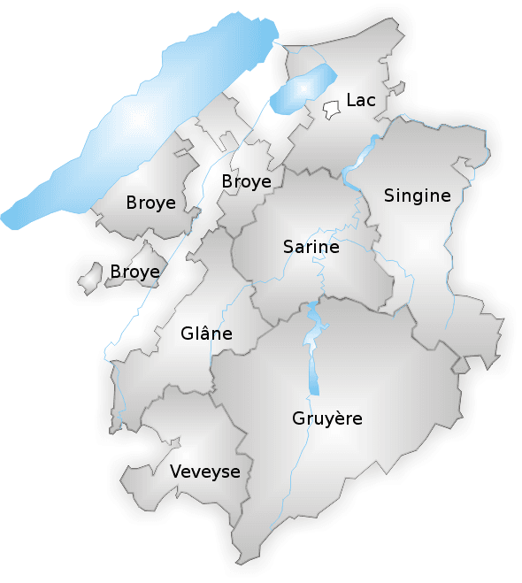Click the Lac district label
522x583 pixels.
tap(361, 101)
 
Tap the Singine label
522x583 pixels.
tap(417, 196)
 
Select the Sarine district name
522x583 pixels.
tap(311, 247)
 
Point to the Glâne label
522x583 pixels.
tap(206, 334)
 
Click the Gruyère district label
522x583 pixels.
tap(326, 418)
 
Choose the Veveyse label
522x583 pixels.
tap(204, 472)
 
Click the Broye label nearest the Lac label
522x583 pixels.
tap(246, 181)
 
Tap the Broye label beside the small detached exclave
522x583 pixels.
tap(134, 272)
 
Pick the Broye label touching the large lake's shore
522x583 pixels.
tap(150, 203)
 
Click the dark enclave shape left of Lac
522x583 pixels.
tap(332, 110)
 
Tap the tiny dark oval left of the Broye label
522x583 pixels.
tap(212, 173)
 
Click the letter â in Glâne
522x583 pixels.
tap(201, 333)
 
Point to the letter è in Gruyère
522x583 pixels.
tap(341, 418)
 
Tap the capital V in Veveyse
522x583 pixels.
tap(175, 472)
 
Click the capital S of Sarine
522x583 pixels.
tap(288, 247)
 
